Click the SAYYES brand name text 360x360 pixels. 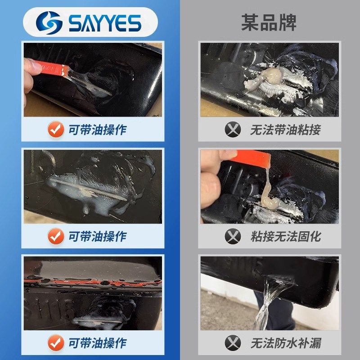point(105,22)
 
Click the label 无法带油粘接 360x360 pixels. point(285,130)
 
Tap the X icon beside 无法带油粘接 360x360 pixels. point(233,130)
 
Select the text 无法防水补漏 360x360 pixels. point(285,342)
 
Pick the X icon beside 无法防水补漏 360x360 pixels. point(233,342)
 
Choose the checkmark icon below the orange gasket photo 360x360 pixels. point(56,342)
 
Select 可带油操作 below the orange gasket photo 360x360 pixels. point(97,342)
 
